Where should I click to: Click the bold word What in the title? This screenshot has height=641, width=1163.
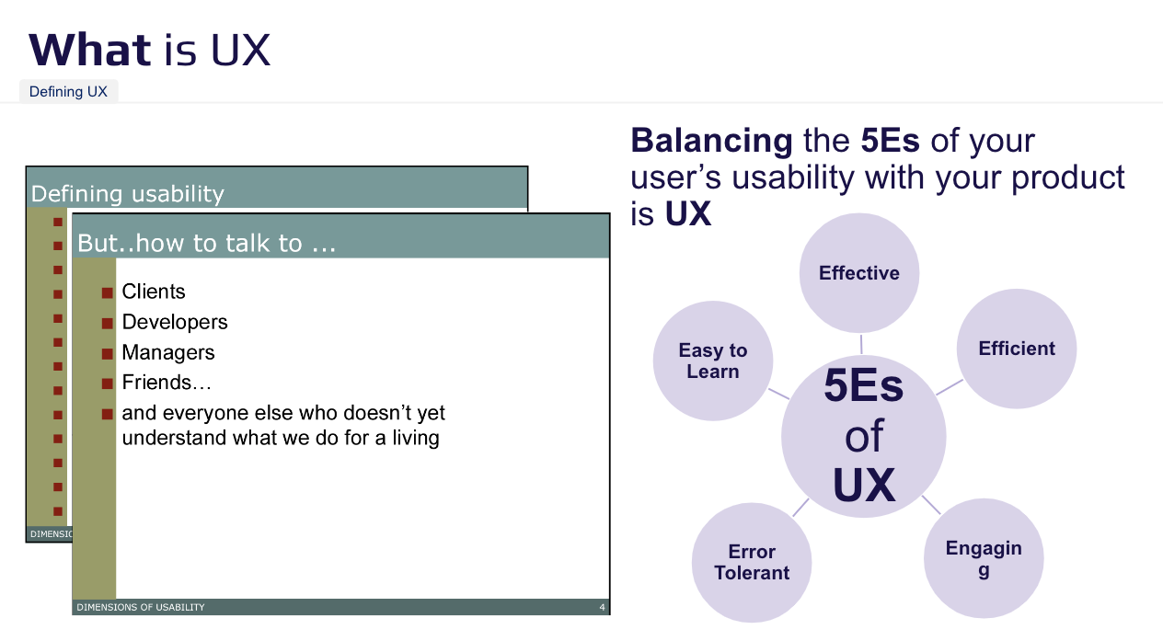pyautogui.click(x=89, y=50)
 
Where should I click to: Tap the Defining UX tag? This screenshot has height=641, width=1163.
pyautogui.click(x=68, y=92)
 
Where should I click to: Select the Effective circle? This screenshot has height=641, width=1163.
pyautogui.click(x=858, y=273)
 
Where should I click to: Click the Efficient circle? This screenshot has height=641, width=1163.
pyautogui.click(x=1016, y=349)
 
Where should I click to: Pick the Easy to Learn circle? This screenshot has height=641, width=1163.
pyautogui.click(x=712, y=361)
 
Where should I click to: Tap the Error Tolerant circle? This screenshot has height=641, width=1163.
pyautogui.click(x=752, y=562)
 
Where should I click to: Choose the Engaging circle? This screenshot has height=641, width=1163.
pyautogui.click(x=984, y=557)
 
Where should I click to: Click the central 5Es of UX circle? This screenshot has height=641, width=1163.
pyautogui.click(x=863, y=436)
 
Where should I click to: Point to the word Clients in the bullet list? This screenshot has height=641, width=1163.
pyautogui.click(x=154, y=292)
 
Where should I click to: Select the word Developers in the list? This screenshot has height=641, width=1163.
pyautogui.click(x=175, y=322)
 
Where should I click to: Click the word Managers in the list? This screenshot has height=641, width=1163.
pyautogui.click(x=168, y=352)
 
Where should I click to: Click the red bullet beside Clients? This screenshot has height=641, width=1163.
pyautogui.click(x=108, y=292)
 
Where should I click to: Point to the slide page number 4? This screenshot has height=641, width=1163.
pyautogui.click(x=602, y=607)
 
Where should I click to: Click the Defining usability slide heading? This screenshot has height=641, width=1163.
pyautogui.click(x=128, y=194)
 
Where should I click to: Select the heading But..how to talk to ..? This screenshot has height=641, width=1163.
pyautogui.click(x=206, y=243)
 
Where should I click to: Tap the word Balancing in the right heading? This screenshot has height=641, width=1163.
pyautogui.click(x=711, y=141)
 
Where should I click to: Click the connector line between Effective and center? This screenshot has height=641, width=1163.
pyautogui.click(x=861, y=344)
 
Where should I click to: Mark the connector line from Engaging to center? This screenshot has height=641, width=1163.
pyautogui.click(x=931, y=505)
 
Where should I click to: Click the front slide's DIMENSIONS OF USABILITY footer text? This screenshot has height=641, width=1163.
pyautogui.click(x=141, y=607)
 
